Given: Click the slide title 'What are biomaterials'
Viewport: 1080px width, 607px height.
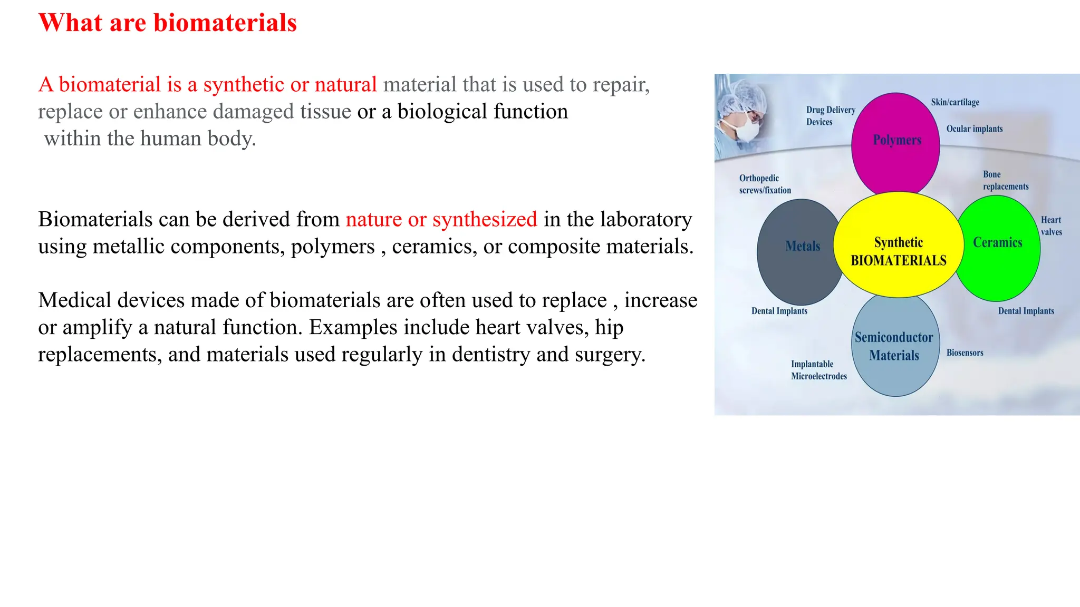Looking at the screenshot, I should pyautogui.click(x=168, y=23).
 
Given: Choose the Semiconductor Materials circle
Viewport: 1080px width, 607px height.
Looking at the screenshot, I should pyautogui.click(x=895, y=346).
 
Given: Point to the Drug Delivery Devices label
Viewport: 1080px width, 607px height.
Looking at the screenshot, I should pyautogui.click(x=830, y=116).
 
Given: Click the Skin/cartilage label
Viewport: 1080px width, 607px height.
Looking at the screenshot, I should pyautogui.click(x=955, y=102).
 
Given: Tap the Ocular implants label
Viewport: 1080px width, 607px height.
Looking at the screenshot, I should pyautogui.click(x=974, y=129).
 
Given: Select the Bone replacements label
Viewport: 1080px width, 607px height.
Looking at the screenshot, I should pyautogui.click(x=1005, y=180).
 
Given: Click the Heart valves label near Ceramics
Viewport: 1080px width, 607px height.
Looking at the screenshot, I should pyautogui.click(x=1051, y=226).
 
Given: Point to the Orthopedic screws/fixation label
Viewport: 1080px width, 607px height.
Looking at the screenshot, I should pyautogui.click(x=765, y=184).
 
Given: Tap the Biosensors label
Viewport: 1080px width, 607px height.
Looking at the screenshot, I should pyautogui.click(x=965, y=353).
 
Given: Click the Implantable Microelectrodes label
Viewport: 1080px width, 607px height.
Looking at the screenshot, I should pyautogui.click(x=818, y=370).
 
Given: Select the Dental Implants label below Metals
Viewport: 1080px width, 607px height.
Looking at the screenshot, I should pyautogui.click(x=779, y=311).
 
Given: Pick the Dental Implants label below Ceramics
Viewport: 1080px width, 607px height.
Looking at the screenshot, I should pyautogui.click(x=1026, y=311).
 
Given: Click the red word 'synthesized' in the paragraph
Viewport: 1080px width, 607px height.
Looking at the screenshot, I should pyautogui.click(x=484, y=219).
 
